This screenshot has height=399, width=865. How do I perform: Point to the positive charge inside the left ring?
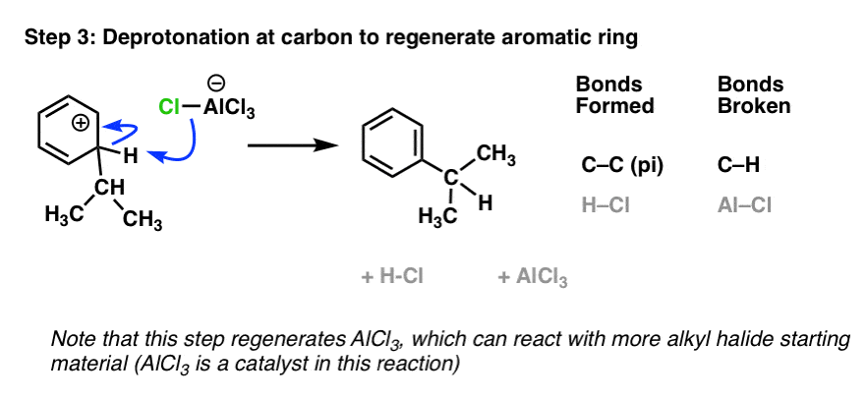[81, 124]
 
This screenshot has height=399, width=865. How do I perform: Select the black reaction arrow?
[292, 145]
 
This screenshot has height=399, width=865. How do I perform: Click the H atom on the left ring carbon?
[130, 157]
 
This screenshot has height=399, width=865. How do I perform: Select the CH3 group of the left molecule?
[143, 221]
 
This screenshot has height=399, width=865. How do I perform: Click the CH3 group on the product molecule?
[495, 157]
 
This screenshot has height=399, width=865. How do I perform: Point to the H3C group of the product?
[438, 216]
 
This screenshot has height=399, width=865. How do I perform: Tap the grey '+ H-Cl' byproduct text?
[391, 276]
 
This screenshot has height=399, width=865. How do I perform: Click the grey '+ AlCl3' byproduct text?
[533, 277]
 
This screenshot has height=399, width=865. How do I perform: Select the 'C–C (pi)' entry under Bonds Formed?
[622, 166]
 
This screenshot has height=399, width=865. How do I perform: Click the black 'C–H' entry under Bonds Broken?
[738, 165]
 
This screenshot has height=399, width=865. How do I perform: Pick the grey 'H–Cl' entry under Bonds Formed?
[605, 205]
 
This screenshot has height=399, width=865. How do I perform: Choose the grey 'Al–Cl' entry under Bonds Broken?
[744, 205]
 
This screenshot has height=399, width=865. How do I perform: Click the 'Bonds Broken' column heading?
[754, 95]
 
